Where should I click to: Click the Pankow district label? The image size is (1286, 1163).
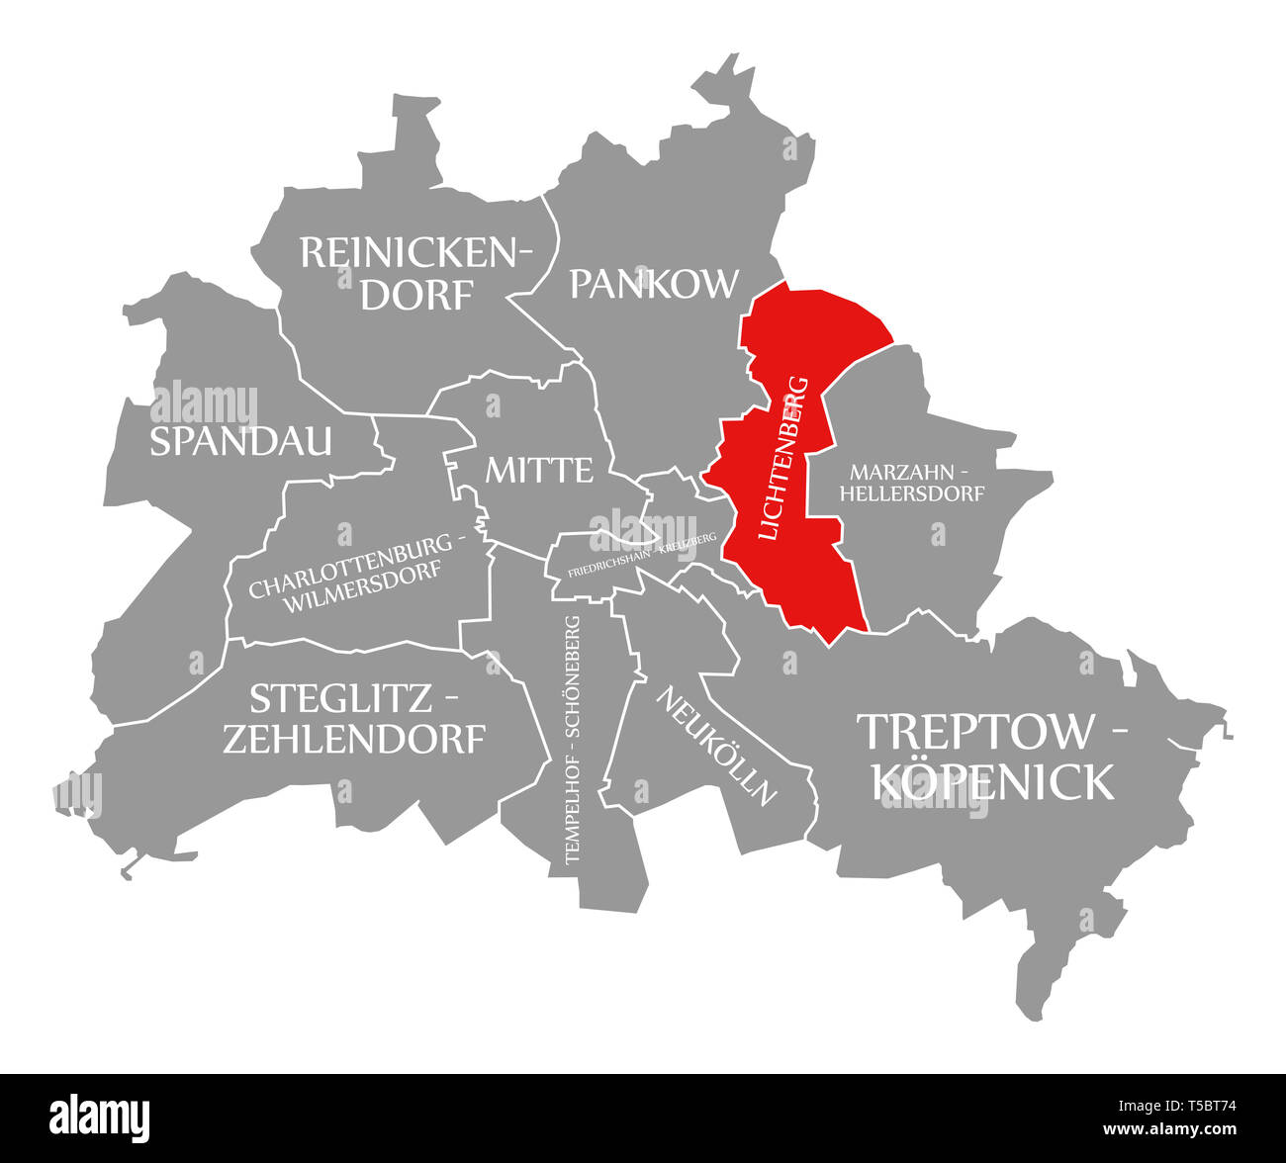point(654,284)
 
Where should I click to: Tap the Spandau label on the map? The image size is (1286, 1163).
point(240,442)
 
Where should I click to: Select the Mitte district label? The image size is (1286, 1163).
point(539,470)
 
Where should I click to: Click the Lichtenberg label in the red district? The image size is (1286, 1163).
point(783,458)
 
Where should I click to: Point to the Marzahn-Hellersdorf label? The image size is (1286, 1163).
point(911,482)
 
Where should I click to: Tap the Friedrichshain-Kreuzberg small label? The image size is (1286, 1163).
point(642,557)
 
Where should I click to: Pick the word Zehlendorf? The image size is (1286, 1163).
point(354,739)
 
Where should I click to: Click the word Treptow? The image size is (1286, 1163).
point(977,732)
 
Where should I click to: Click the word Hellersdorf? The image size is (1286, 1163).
point(912,492)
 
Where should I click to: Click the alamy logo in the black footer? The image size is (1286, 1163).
point(101,1116)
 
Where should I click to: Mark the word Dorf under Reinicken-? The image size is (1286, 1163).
point(416,294)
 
